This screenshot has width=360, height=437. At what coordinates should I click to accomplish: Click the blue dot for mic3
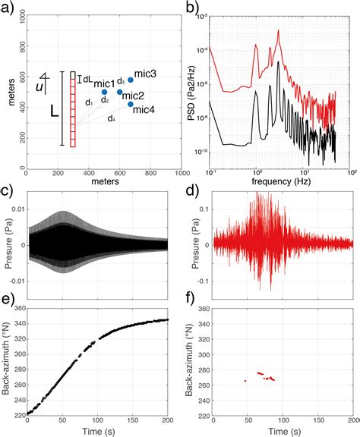pyautogui.click(x=131, y=80)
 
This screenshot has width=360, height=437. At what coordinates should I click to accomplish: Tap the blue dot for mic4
pyautogui.click(x=131, y=104)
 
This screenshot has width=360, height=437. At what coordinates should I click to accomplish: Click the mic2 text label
pyautogui.click(x=133, y=96)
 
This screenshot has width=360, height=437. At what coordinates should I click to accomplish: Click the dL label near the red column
pyautogui.click(x=86, y=77)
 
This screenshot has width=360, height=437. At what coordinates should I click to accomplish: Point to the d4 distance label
pyautogui.click(x=111, y=118)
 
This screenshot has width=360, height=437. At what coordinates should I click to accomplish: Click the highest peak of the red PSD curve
pyautogui.click(x=279, y=31)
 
